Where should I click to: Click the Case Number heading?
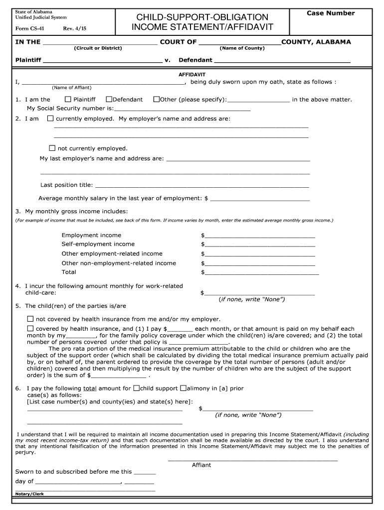pyautogui.click(x=330, y=13)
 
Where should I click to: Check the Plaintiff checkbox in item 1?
pyautogui.click(x=68, y=99)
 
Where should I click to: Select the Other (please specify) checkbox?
pyautogui.click(x=156, y=99)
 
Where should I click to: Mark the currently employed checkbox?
pyautogui.click(x=50, y=119)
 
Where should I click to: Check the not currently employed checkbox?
pyautogui.click(x=52, y=148)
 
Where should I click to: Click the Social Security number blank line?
pyautogui.click(x=182, y=109)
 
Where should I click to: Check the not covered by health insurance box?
pyautogui.click(x=30, y=319)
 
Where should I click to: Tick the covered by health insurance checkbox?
pyautogui.click(x=30, y=329)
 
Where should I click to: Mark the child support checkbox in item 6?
pyautogui.click(x=136, y=388)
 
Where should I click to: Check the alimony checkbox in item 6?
pyautogui.click(x=183, y=388)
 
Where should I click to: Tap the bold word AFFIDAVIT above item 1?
pyautogui.click(x=192, y=74)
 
